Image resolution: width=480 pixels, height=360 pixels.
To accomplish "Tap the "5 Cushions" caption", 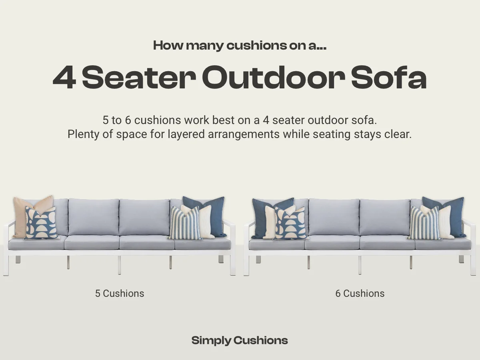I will click(x=120, y=293).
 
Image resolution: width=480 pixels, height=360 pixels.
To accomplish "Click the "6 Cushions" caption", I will click(x=360, y=293).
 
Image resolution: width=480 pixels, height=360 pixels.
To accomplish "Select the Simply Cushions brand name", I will click(x=240, y=340).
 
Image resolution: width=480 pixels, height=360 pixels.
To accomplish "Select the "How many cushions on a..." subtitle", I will click(x=240, y=45).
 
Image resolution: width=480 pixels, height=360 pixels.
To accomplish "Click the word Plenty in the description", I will click(x=82, y=134).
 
